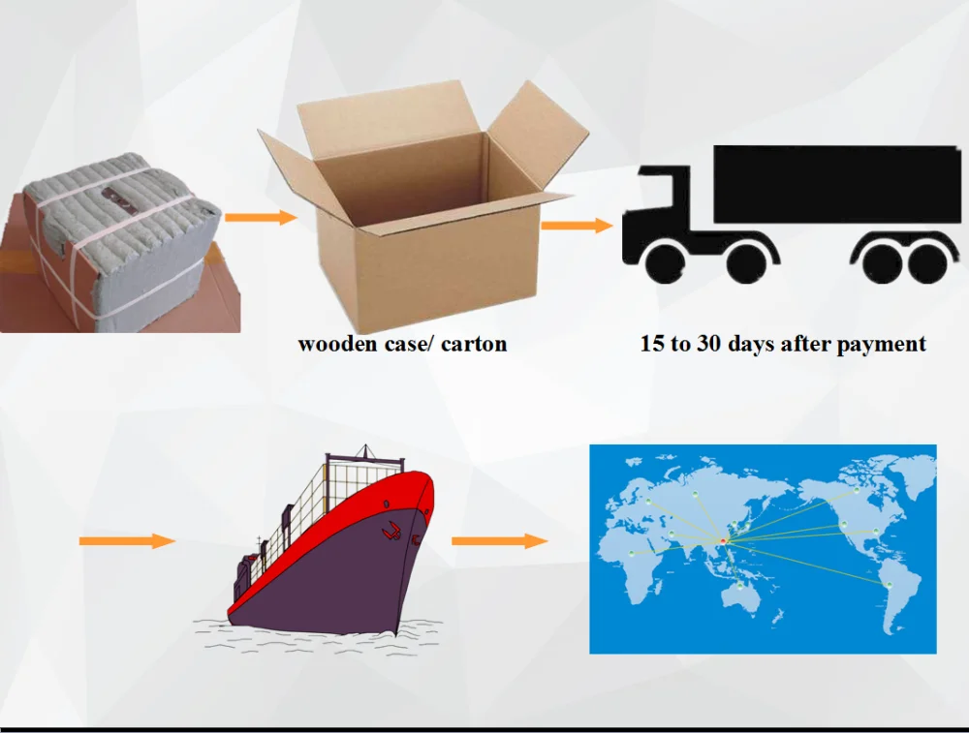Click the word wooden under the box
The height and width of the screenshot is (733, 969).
coord(336,344)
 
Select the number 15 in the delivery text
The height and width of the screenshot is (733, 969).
coord(651,344)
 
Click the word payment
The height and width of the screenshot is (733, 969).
coord(878,345)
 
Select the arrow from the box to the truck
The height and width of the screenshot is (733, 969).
coord(576,226)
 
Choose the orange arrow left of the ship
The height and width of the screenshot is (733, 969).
coord(127,540)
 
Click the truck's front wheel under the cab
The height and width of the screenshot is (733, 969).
coord(666,262)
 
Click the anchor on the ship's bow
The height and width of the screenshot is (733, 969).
coord(393,530)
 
